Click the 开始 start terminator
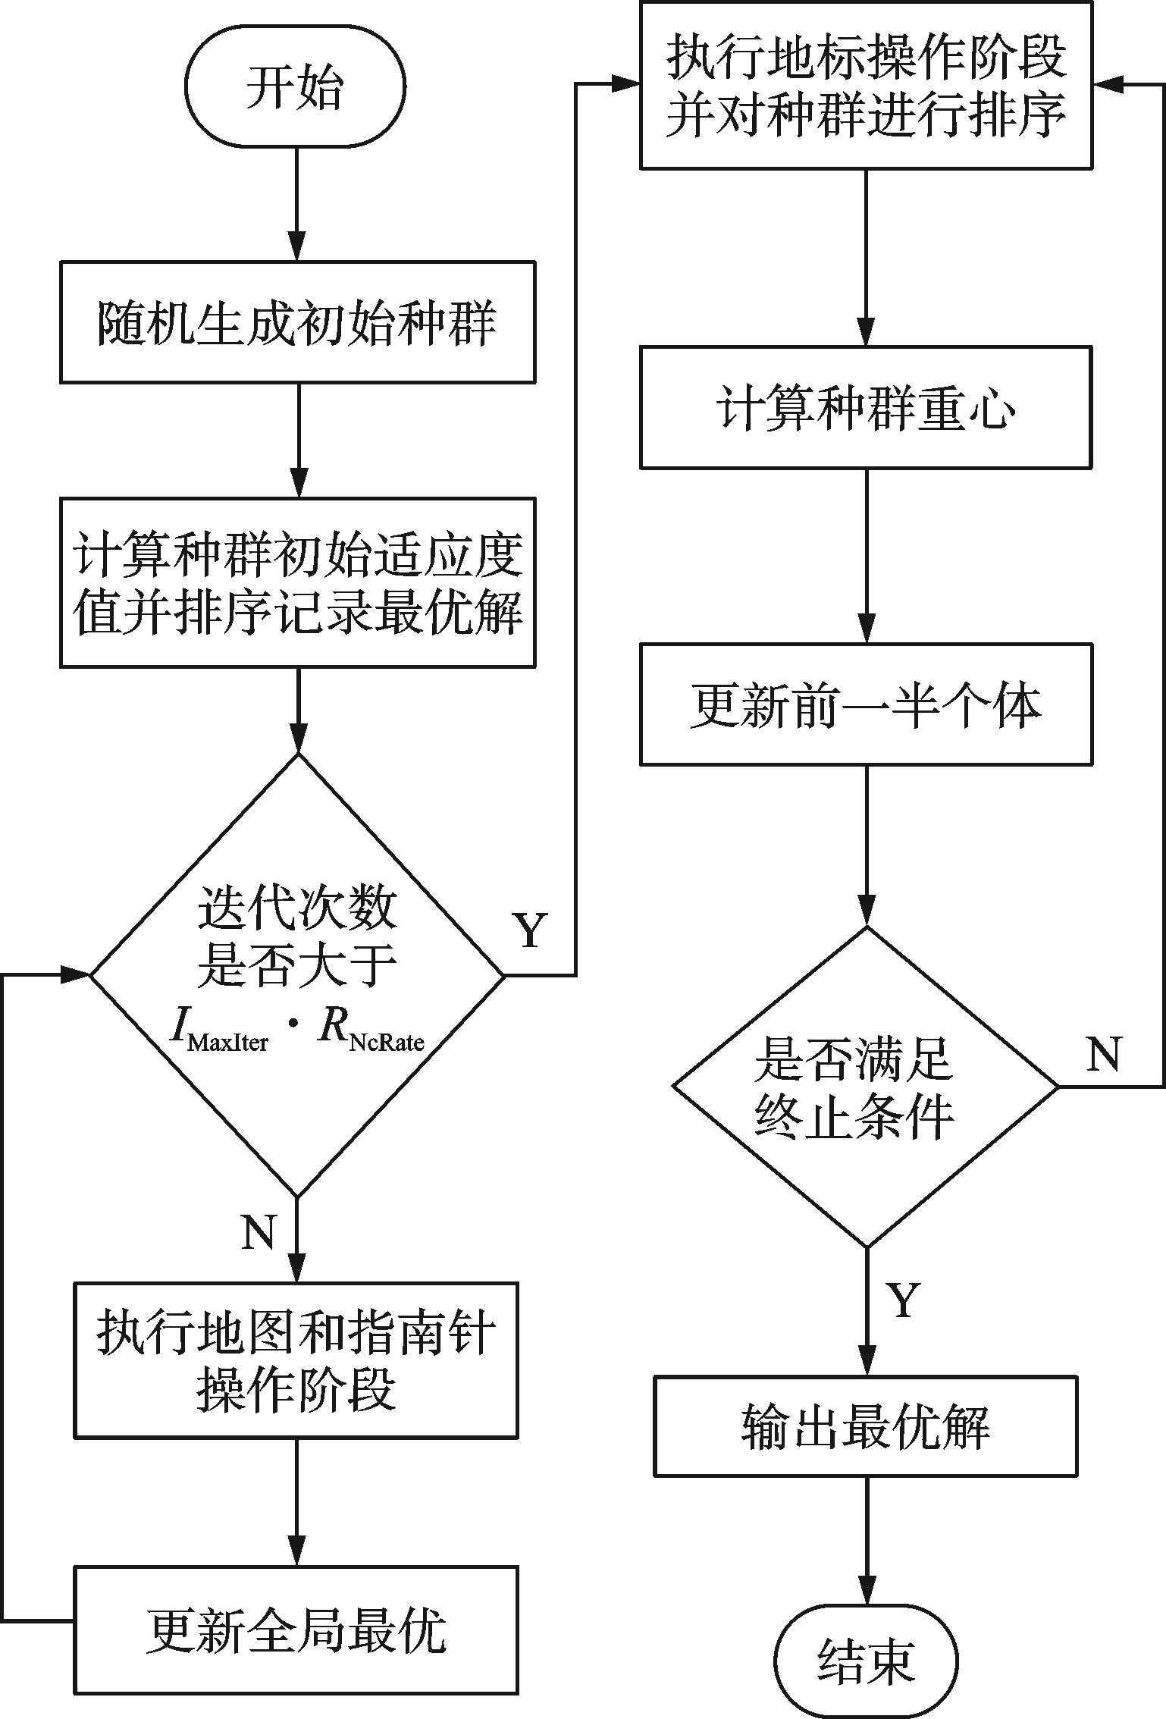click(296, 86)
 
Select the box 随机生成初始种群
click(298, 322)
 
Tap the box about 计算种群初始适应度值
click(298, 582)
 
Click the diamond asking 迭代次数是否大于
click(297, 974)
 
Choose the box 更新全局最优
click(296, 1630)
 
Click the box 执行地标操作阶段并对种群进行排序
click(866, 85)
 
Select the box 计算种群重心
click(866, 408)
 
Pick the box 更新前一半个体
click(866, 704)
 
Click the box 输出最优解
click(866, 1426)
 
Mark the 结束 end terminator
click(866, 1660)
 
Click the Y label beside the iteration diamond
click(530, 930)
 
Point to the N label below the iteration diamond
click(259, 1232)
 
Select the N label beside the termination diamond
click(1103, 1054)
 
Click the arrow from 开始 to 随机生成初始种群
click(296, 205)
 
